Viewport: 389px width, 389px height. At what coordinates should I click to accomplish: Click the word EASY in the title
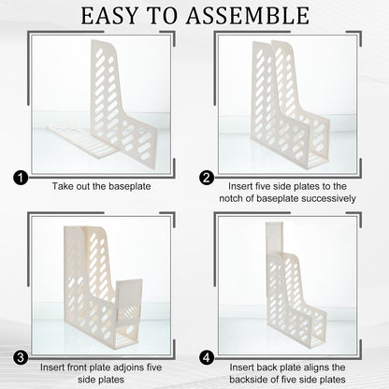point(109,16)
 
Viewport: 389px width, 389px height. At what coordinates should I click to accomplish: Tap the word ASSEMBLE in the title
point(248,16)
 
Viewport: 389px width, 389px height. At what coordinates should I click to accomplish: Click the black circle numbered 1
point(21,179)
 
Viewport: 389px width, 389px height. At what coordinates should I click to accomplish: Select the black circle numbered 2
point(207,179)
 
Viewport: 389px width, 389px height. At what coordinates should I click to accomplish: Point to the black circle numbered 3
point(21,357)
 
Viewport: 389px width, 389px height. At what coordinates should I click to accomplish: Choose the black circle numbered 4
point(207,357)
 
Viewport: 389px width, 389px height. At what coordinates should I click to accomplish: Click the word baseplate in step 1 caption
point(130,186)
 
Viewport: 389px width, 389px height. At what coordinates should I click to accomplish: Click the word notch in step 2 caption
point(231,198)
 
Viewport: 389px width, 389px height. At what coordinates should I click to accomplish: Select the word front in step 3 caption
point(78,367)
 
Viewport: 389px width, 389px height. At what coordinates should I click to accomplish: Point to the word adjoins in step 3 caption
point(126,367)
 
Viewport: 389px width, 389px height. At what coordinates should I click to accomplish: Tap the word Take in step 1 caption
point(63,186)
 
